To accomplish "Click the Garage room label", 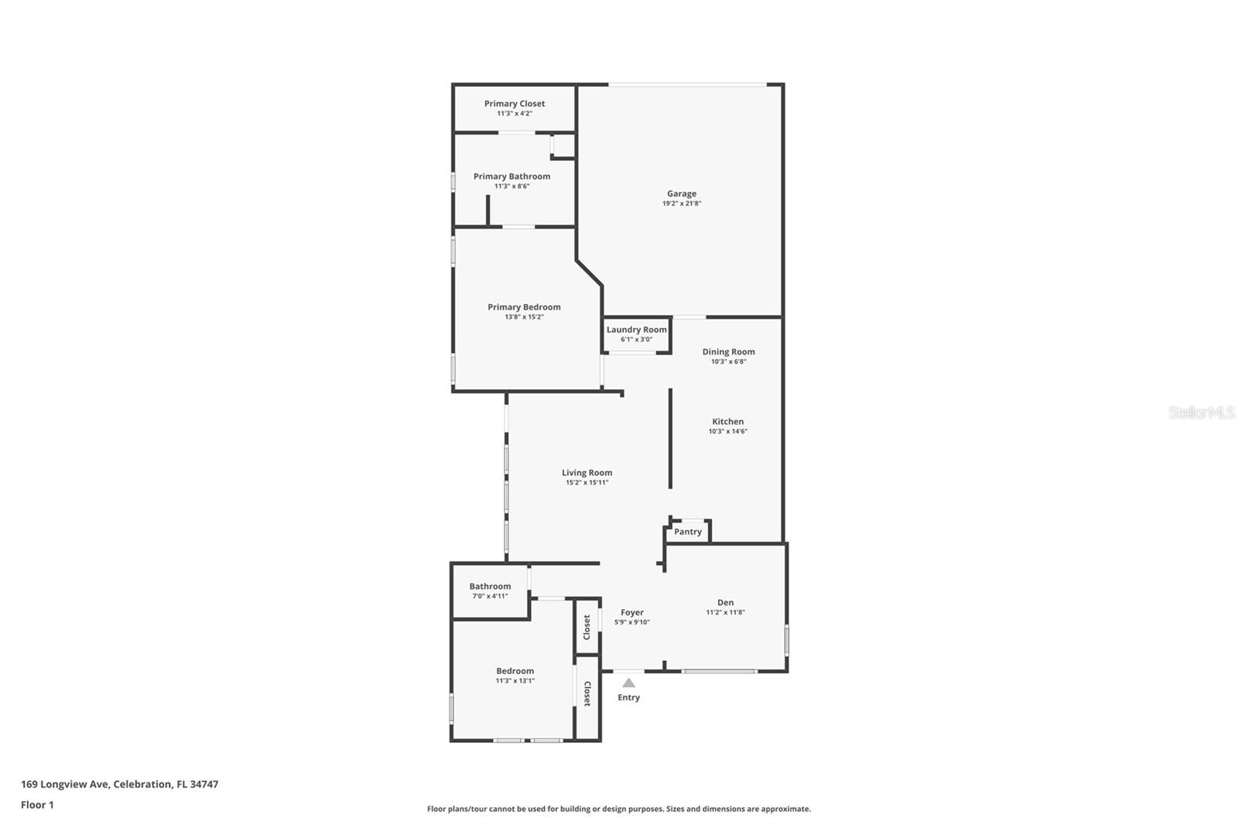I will (x=682, y=193).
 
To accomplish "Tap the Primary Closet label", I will (x=515, y=104).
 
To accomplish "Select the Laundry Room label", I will (x=636, y=330).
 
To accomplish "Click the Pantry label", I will (x=688, y=532).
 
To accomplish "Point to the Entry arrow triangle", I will (x=629, y=683).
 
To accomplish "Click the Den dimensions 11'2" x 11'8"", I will (x=725, y=612).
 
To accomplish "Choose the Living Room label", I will (x=587, y=473).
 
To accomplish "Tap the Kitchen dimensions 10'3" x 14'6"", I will (x=727, y=432).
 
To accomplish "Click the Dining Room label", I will (x=728, y=351).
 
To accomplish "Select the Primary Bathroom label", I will (x=511, y=176).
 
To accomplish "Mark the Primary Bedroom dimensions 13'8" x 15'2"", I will (x=524, y=317).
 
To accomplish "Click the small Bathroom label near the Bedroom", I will (x=490, y=587).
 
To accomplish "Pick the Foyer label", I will (x=632, y=612).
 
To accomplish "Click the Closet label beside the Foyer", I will (x=587, y=627).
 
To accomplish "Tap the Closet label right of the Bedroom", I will (x=587, y=693).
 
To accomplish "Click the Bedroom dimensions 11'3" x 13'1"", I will (x=515, y=681).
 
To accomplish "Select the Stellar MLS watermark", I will (x=1201, y=412).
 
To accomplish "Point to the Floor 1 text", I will (x=37, y=805).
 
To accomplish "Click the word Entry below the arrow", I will (x=629, y=697).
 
